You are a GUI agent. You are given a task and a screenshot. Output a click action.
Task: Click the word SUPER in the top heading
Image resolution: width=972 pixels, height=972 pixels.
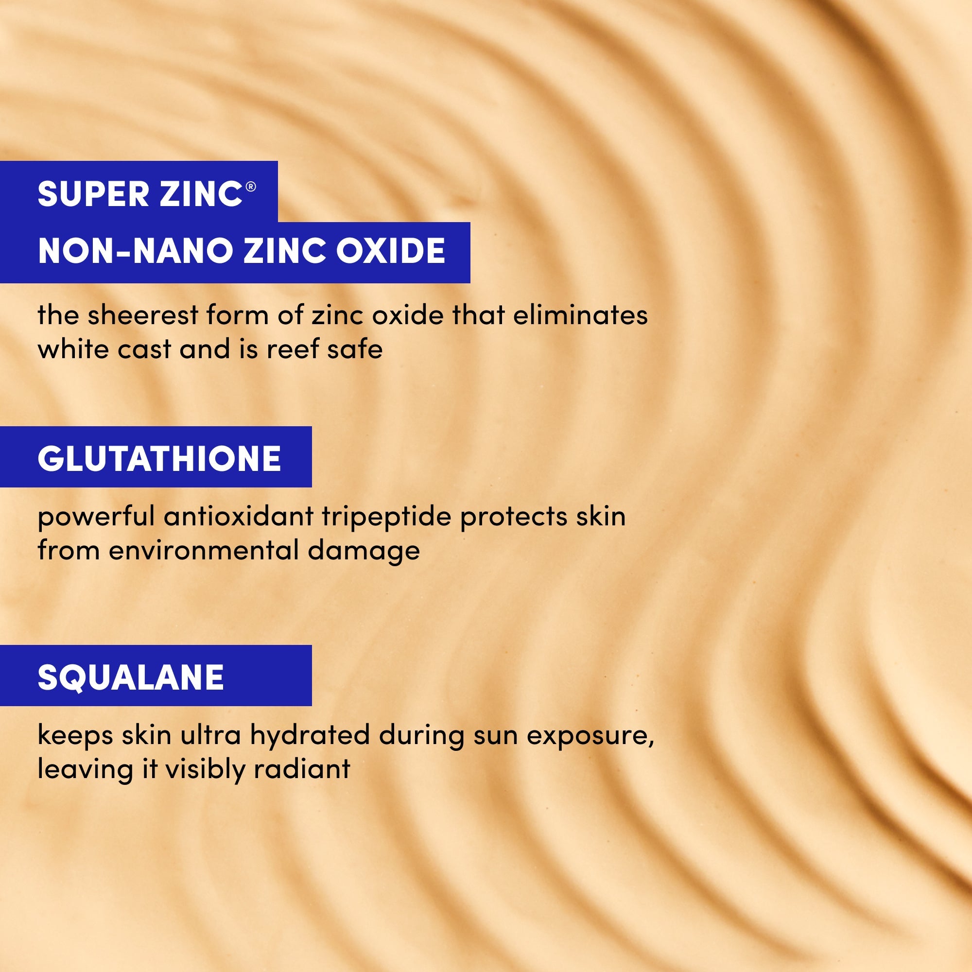[93, 194]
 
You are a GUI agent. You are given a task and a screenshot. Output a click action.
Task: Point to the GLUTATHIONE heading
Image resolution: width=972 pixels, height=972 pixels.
[159, 458]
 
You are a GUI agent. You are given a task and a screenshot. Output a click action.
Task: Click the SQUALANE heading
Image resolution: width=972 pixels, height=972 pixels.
[131, 677]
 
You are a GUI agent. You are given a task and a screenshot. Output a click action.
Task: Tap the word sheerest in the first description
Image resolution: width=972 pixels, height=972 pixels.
[143, 315]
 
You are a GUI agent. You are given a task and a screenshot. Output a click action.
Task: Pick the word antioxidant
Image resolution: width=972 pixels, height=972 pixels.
[239, 517]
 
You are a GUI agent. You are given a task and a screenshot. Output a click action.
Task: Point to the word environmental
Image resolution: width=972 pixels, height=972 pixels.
[204, 551]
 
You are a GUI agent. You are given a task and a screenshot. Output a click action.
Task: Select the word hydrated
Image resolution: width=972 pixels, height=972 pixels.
[310, 735]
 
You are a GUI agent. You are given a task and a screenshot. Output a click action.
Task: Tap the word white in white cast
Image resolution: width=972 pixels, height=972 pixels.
[73, 349]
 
